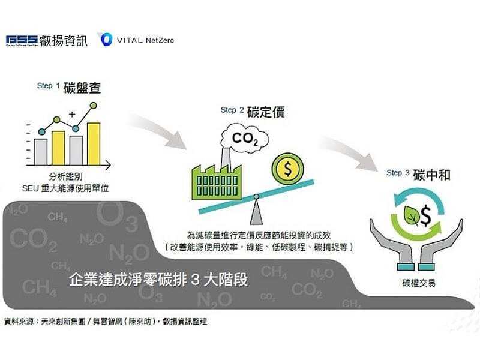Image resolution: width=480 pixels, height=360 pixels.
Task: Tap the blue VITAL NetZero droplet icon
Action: coord(105,40)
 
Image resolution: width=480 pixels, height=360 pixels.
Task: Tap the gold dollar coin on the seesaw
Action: coord(288,169)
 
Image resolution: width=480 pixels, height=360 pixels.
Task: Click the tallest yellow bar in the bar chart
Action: coord(94,143)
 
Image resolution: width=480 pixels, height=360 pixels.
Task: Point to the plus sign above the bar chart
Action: coord(72,113)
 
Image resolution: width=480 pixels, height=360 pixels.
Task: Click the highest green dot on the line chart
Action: coord(94,106)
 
